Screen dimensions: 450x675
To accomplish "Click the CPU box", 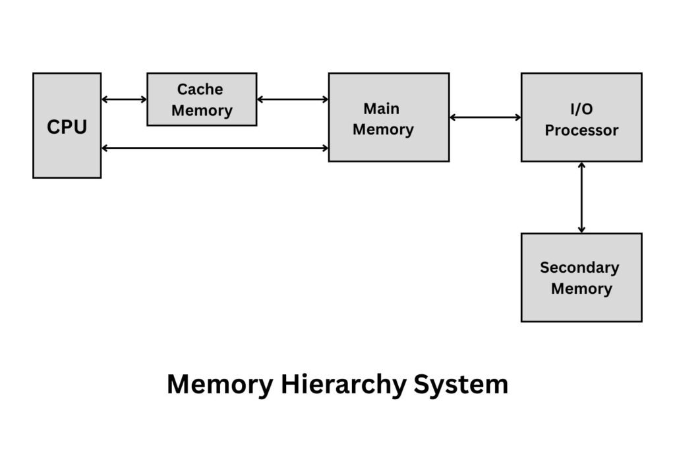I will pyautogui.click(x=67, y=125).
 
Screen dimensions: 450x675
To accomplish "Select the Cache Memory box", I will pyautogui.click(x=202, y=99).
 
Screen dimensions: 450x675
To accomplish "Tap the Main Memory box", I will pyautogui.click(x=388, y=117).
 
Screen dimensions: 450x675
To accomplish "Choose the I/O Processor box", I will pyautogui.click(x=581, y=117).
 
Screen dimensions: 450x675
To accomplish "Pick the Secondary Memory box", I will pyautogui.click(x=581, y=277).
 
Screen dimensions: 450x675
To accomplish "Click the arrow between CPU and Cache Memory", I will pyautogui.click(x=124, y=99).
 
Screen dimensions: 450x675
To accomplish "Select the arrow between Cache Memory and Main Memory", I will pyautogui.click(x=292, y=99).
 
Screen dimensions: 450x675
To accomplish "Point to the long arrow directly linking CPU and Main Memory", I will pyautogui.click(x=214, y=148).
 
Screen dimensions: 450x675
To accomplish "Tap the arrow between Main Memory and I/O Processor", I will pyautogui.click(x=484, y=118).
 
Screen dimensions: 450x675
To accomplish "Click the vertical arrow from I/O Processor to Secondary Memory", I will pyautogui.click(x=581, y=197).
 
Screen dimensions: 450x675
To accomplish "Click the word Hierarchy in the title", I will pyautogui.click(x=342, y=385).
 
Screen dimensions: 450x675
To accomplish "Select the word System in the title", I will pyautogui.click(x=461, y=385).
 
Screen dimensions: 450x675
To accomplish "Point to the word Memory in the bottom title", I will pyautogui.click(x=219, y=385).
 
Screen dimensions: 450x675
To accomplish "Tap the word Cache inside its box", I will pyautogui.click(x=200, y=89).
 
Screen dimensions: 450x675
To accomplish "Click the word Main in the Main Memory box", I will pyautogui.click(x=382, y=108).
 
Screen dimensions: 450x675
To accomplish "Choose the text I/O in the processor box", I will pyautogui.click(x=581, y=109).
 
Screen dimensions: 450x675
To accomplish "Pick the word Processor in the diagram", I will pyautogui.click(x=581, y=130).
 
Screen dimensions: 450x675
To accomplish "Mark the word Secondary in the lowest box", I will pyautogui.click(x=579, y=267).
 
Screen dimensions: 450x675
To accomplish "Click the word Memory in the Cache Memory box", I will pyautogui.click(x=202, y=111).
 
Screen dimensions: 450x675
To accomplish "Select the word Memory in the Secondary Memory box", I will pyautogui.click(x=581, y=289).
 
